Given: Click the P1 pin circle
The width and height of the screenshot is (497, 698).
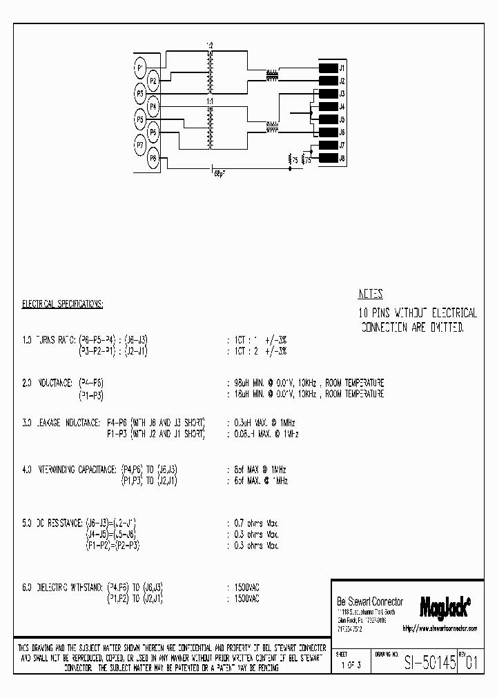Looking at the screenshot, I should pos(140,68).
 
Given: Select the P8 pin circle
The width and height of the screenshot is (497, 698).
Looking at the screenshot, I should pos(153,158).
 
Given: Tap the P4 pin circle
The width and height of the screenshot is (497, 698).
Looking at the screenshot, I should pos(153,107).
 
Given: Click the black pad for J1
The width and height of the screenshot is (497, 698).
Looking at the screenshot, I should pos(327,68).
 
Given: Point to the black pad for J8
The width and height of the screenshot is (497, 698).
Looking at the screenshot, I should pos(327,158).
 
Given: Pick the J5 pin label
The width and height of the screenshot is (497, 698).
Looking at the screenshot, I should pos(342,119).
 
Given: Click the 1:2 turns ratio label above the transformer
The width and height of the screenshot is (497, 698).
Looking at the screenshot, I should pos(210,46).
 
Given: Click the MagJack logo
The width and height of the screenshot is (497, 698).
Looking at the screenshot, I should pos(445,606).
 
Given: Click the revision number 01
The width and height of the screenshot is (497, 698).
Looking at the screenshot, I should pos(471,664).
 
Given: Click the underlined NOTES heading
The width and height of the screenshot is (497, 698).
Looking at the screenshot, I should pos(371,293).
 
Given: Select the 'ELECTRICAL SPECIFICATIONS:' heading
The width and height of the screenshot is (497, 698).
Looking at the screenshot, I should pos(63,303).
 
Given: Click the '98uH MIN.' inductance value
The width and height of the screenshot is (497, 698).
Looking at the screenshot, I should pos(251,383).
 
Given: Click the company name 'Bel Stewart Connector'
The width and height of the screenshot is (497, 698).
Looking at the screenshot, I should pos(369,602).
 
